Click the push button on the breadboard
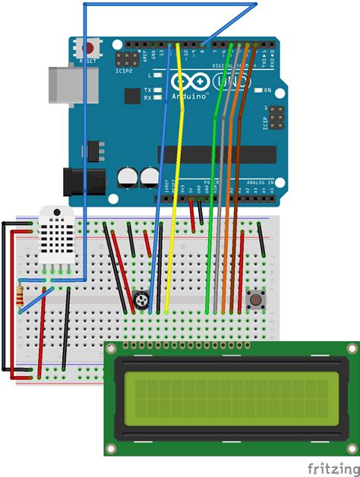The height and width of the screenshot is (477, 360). (x=257, y=300)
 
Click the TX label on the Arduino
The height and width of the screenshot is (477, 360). (x=157, y=89)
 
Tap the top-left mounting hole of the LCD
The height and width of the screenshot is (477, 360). (x=112, y=349)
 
